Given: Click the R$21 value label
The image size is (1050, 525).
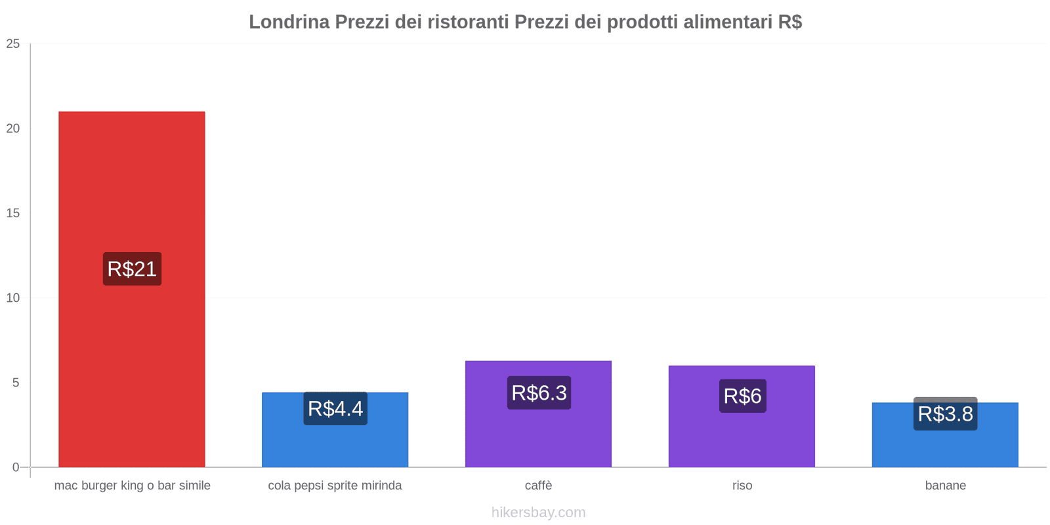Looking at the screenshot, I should pyautogui.click(x=132, y=269).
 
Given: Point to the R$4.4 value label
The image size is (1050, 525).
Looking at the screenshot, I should pyautogui.click(x=335, y=409).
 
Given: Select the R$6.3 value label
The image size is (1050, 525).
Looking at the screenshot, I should pyautogui.click(x=539, y=393).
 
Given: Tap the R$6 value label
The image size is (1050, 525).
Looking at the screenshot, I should pyautogui.click(x=742, y=396).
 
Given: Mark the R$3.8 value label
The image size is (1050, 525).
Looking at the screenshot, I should pyautogui.click(x=945, y=414).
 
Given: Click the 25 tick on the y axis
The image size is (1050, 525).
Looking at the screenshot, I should pyautogui.click(x=13, y=44).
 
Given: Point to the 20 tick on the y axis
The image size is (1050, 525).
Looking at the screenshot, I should pyautogui.click(x=13, y=129).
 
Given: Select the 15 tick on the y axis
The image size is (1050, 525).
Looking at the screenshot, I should pyautogui.click(x=13, y=213).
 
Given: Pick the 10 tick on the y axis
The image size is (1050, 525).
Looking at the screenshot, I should pyautogui.click(x=13, y=298).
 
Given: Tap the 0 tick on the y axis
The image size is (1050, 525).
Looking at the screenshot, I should pyautogui.click(x=16, y=467).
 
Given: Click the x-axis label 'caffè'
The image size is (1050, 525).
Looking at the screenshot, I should pyautogui.click(x=538, y=486).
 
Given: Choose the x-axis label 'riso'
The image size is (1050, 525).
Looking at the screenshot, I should pyautogui.click(x=742, y=486).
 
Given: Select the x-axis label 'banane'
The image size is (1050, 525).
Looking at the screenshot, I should pyautogui.click(x=945, y=486).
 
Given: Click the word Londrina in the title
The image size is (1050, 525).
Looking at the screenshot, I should pyautogui.click(x=289, y=22).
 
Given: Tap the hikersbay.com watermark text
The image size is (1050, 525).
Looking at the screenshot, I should pyautogui.click(x=538, y=513).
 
